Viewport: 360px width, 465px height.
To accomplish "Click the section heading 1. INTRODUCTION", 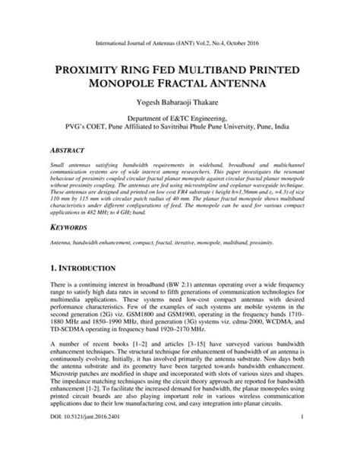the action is tap(84, 267).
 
